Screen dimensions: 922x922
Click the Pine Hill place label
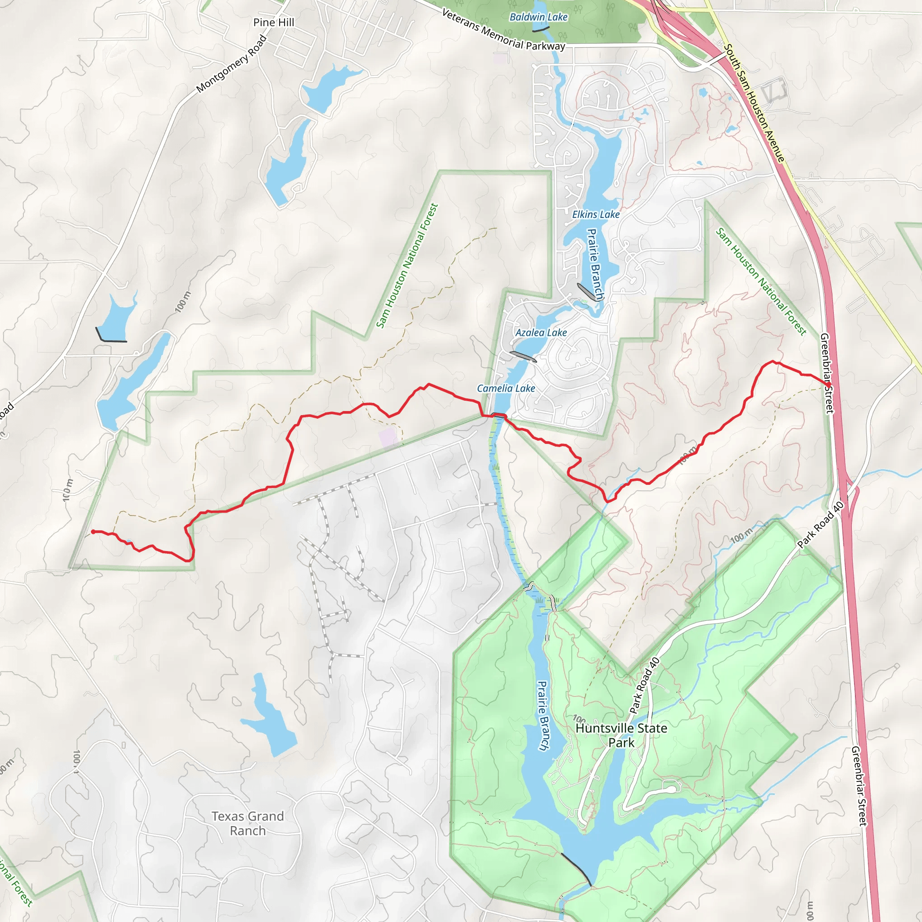coord(273,23)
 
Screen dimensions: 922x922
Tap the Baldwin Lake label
coord(538,17)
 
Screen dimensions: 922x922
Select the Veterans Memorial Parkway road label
coord(503,30)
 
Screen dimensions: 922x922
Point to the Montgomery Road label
coord(231,64)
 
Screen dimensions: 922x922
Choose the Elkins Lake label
coord(596,215)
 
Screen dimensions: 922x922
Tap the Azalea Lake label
coord(541,333)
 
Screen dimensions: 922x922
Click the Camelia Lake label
coord(506,389)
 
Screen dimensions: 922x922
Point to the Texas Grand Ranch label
coord(248,823)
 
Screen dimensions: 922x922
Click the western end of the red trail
coord(93,532)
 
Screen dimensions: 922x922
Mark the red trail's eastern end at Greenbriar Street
coord(828,384)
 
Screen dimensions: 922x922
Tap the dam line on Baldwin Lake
coord(540,30)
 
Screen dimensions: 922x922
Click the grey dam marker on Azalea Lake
coord(523,356)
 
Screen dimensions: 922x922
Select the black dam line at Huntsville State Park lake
coord(576,868)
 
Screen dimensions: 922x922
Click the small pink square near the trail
coord(388,437)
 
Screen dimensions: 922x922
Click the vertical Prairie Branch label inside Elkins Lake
coord(595,265)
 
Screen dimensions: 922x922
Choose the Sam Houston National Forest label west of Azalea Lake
coord(407,266)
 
